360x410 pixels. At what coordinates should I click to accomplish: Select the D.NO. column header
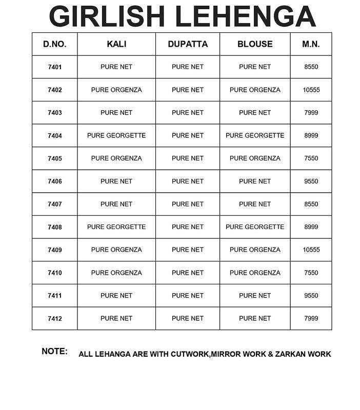point(54,44)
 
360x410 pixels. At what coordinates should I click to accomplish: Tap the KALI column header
point(116,44)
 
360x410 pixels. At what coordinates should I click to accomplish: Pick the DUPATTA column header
point(188,44)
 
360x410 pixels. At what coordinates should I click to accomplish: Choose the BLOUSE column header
point(255,44)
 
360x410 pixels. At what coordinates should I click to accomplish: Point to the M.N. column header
point(311,44)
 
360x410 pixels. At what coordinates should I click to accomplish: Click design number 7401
point(54,67)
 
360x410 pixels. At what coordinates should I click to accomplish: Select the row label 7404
point(54,136)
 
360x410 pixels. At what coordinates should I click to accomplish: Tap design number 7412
point(54,319)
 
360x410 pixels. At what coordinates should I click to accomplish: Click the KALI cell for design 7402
point(116,90)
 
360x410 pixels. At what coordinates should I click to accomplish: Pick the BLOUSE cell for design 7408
point(255,227)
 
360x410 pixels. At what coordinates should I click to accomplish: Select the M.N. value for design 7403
point(311,113)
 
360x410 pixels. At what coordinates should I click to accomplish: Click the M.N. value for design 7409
point(311,250)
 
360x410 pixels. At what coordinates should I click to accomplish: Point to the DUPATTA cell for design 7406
point(188,181)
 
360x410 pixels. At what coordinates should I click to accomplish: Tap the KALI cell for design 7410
point(116,273)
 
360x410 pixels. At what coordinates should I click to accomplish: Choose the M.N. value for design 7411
point(311,296)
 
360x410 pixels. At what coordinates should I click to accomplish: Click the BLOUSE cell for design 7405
point(255,158)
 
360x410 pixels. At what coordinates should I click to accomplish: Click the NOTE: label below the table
point(54,352)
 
